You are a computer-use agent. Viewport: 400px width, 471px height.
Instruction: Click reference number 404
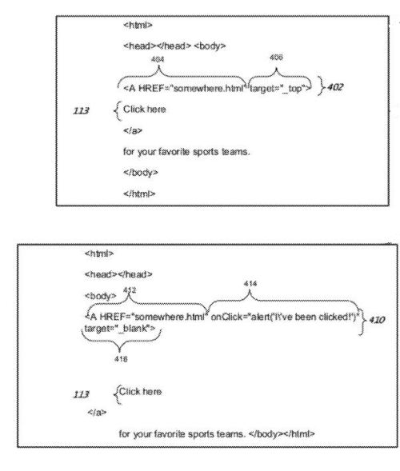tap(158, 59)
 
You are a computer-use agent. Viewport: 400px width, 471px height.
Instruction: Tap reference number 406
tap(276, 57)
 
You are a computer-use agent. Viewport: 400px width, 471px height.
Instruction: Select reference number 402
tap(335, 87)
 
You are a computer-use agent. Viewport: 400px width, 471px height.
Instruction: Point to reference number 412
tap(130, 290)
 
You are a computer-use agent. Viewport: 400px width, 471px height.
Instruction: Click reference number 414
tap(250, 284)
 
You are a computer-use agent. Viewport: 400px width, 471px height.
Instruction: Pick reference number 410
tap(377, 320)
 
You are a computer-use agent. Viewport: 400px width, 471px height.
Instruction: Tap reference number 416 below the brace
tap(121, 359)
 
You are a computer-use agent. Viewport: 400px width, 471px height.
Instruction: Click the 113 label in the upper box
tap(81, 111)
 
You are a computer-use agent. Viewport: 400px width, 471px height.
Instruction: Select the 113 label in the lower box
tap(81, 394)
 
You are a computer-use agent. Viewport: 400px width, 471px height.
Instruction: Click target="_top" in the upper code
tap(281, 88)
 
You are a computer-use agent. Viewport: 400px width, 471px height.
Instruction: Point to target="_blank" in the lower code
tap(120, 329)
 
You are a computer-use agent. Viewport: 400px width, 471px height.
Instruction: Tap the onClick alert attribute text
tap(285, 317)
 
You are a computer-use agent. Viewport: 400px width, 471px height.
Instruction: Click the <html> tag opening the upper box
tap(138, 25)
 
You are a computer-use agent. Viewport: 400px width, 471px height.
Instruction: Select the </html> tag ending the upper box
tap(139, 194)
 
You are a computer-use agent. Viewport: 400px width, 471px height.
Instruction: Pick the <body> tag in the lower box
tap(100, 296)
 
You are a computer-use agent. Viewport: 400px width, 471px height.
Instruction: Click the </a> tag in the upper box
tap(133, 130)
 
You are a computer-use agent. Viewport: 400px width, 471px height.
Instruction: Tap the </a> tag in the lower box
tap(97, 412)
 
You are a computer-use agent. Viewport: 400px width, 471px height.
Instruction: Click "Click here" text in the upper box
tap(145, 109)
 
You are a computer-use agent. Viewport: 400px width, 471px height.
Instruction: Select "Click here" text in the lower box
tap(140, 391)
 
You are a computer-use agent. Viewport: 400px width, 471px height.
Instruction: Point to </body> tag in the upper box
tap(140, 173)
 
